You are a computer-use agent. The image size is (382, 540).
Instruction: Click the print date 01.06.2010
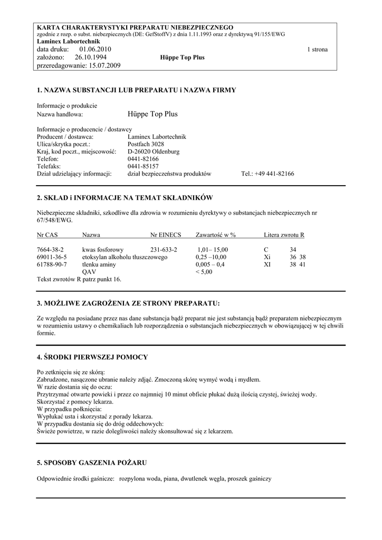tap(96, 50)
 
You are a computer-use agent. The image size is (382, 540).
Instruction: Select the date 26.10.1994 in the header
tap(91, 57)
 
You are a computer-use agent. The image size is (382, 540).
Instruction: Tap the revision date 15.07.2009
tap(105, 65)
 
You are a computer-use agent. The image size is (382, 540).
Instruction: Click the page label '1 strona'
tap(317, 50)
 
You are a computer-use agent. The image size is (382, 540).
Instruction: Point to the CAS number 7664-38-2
tap(50, 249)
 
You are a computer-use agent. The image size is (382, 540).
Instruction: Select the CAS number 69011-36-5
tap(52, 257)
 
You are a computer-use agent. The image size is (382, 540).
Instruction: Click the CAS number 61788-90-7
tap(52, 265)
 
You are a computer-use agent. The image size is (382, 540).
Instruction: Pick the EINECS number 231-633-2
tap(164, 249)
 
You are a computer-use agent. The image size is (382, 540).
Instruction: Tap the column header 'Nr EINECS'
tap(166, 235)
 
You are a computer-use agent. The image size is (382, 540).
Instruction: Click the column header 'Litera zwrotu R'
tap(284, 235)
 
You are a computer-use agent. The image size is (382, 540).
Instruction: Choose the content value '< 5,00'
tap(204, 272)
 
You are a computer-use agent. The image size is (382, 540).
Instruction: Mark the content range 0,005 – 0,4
tap(210, 265)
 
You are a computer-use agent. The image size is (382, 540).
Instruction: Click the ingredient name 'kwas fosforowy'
tap(103, 249)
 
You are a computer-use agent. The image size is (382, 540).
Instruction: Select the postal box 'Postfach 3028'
tap(146, 144)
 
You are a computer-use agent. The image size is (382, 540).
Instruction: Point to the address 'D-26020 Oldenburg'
tap(154, 151)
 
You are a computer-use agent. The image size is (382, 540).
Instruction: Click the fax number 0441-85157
tap(143, 166)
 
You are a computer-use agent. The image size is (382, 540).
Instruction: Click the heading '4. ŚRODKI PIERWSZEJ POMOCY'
tap(92, 357)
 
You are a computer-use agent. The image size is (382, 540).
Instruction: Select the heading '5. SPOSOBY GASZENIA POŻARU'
tap(92, 462)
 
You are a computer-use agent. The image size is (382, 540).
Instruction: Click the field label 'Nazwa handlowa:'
tap(60, 114)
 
